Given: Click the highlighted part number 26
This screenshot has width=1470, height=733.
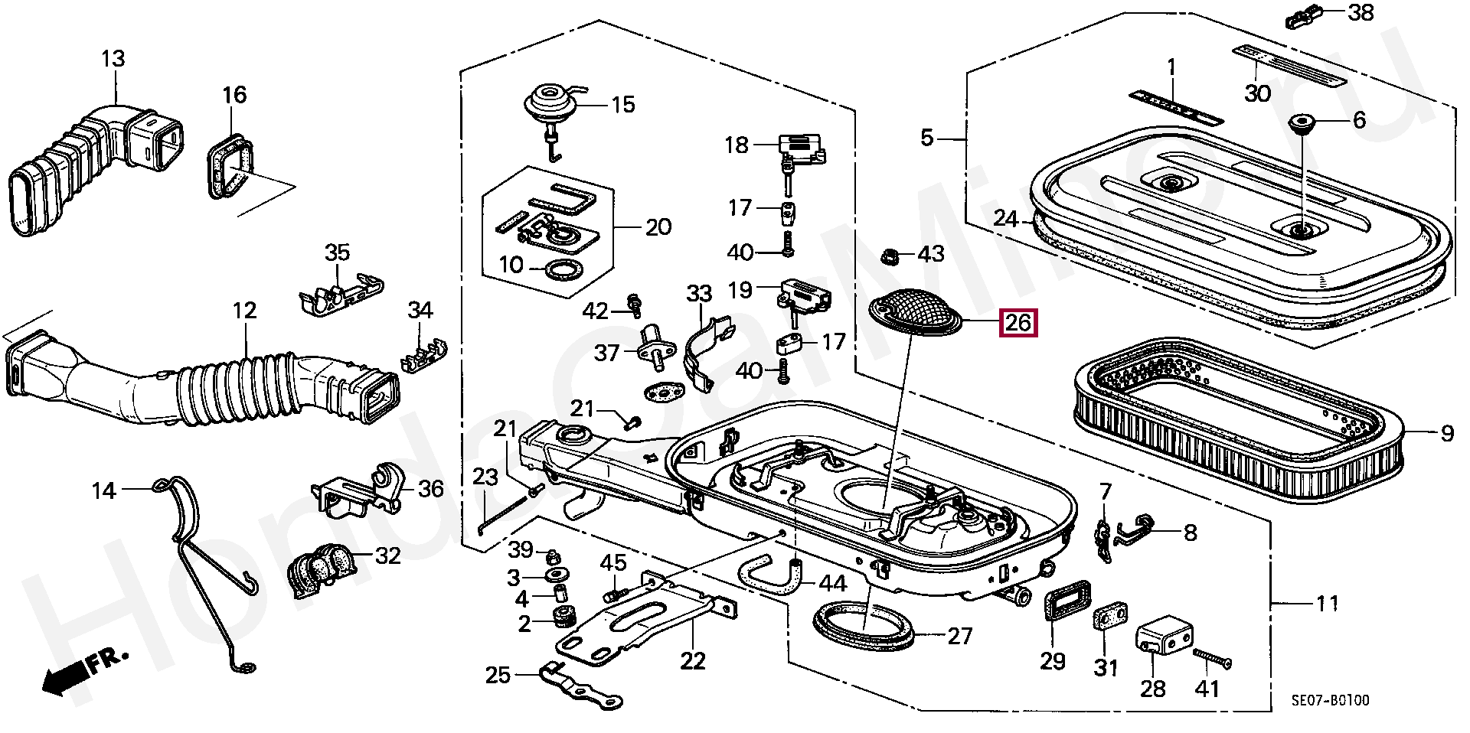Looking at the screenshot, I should tap(1018, 322).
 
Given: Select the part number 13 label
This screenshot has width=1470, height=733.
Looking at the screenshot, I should tap(113, 58).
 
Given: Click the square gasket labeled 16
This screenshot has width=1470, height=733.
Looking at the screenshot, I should tap(229, 167).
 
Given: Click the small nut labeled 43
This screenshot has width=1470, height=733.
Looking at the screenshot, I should tap(890, 255).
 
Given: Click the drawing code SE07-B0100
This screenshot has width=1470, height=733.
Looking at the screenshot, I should tap(1330, 700).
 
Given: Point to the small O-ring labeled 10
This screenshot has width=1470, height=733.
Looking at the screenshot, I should tap(563, 269).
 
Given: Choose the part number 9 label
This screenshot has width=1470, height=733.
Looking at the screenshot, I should tap(1446, 434).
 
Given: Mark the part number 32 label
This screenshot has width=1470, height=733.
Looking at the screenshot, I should tap(388, 555).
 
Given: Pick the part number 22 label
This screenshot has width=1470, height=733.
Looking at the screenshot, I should tap(692, 661).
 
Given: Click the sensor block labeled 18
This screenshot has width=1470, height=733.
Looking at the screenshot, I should tap(800, 149).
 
